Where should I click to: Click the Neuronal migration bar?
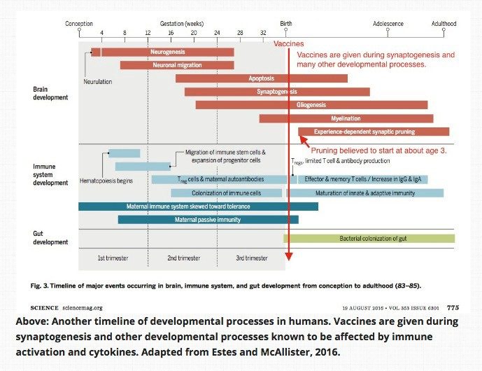[x=177, y=65]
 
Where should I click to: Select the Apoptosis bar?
[x=262, y=78]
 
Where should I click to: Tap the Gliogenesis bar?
[x=311, y=105]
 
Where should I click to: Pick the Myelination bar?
[x=346, y=118]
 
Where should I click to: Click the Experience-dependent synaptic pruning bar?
[x=374, y=132]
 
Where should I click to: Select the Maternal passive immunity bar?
[x=208, y=220]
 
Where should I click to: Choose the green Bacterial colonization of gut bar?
[x=369, y=239]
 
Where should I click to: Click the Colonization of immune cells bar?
[x=226, y=193]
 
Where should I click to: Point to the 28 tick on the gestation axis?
[x=240, y=35]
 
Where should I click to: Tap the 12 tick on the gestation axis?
[x=148, y=35]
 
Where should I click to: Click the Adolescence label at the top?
[x=388, y=24]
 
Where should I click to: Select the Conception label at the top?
[x=79, y=24]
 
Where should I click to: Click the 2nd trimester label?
[x=184, y=258]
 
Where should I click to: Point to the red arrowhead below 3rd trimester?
[x=289, y=256]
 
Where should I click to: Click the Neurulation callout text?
[x=98, y=82]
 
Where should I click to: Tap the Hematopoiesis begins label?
[x=106, y=181]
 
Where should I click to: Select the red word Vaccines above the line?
[x=289, y=44]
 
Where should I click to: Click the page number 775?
[x=453, y=307]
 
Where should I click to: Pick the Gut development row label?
[x=50, y=238]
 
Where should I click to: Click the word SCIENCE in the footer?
[x=44, y=308]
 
